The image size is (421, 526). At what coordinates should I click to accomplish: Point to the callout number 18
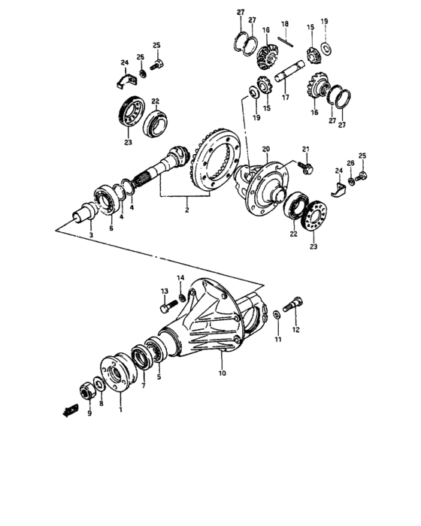[284, 25]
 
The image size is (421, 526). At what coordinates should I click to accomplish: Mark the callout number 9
[89, 413]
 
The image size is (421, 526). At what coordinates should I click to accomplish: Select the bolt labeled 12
[295, 305]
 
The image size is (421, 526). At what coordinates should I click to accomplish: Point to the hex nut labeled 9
[86, 390]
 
